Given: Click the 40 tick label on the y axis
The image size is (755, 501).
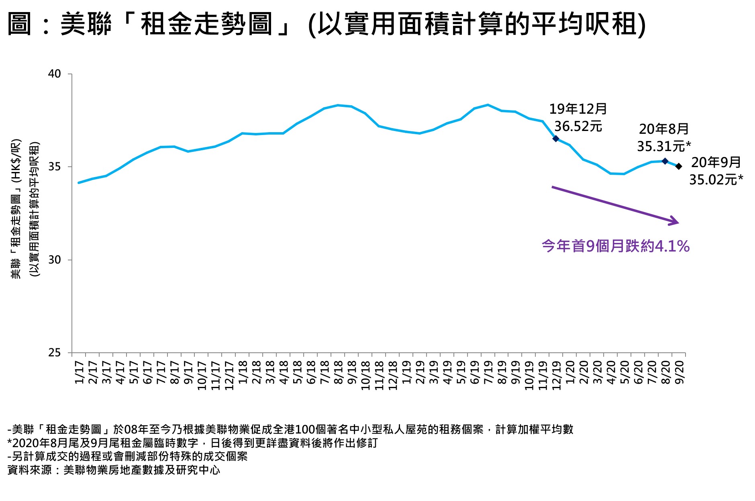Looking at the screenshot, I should pos(54,74).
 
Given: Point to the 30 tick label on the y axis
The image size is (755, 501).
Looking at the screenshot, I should pos(54,260).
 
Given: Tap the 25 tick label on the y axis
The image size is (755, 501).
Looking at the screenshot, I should pos(54,353).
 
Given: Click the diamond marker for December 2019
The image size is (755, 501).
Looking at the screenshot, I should pos(556,139).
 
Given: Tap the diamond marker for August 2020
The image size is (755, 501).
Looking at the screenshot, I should pos(665,161).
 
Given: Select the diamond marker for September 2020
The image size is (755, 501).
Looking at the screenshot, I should pos(679,166).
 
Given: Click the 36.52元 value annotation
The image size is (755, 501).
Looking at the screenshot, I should pos(578,127).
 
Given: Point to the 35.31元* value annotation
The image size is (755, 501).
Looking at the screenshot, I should pos(664,146).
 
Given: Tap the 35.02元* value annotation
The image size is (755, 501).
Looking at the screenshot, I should pos(716,180).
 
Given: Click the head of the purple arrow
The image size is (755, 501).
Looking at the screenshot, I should pos(676,222).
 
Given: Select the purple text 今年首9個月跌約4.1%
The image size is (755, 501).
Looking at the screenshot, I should pos(615,246).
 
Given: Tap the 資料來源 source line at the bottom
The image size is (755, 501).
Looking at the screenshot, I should pos(114,470).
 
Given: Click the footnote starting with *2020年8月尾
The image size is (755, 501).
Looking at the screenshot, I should pos(193,443).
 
